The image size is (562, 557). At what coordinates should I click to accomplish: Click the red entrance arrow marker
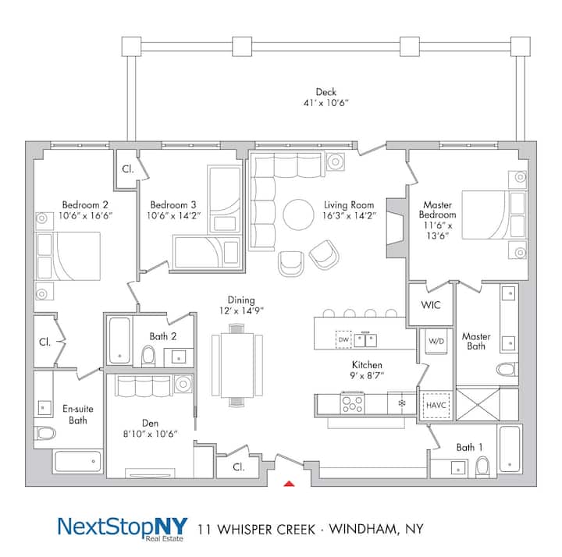tap(289, 484)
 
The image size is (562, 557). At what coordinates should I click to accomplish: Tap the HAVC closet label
tap(436, 405)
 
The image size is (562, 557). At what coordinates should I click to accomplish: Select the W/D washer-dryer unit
tap(436, 342)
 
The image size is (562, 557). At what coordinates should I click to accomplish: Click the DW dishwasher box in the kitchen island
tap(343, 339)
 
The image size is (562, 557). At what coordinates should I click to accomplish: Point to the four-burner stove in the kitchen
tap(353, 403)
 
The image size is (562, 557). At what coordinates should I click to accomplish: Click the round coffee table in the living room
tap(298, 215)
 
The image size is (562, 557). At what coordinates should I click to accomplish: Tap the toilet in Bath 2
tap(148, 356)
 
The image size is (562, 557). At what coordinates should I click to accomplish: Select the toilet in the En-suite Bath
tap(45, 433)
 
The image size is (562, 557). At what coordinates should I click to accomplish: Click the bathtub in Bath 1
tap(510, 449)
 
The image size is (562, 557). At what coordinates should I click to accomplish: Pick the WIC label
tap(431, 305)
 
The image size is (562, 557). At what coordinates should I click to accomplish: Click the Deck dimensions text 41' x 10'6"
tap(325, 103)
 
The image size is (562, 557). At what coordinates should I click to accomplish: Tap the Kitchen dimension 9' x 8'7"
tap(367, 375)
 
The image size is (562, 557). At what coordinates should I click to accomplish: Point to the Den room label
tap(150, 423)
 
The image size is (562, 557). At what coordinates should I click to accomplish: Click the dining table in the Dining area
tap(237, 364)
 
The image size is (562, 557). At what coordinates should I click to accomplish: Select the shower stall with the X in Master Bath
tap(478, 405)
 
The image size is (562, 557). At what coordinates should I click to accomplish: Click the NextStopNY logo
tap(123, 528)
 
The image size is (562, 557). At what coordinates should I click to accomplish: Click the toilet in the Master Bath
tap(507, 369)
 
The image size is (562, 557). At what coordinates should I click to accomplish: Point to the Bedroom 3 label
tap(173, 205)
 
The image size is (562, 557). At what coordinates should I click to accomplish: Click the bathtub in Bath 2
tap(119, 340)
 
